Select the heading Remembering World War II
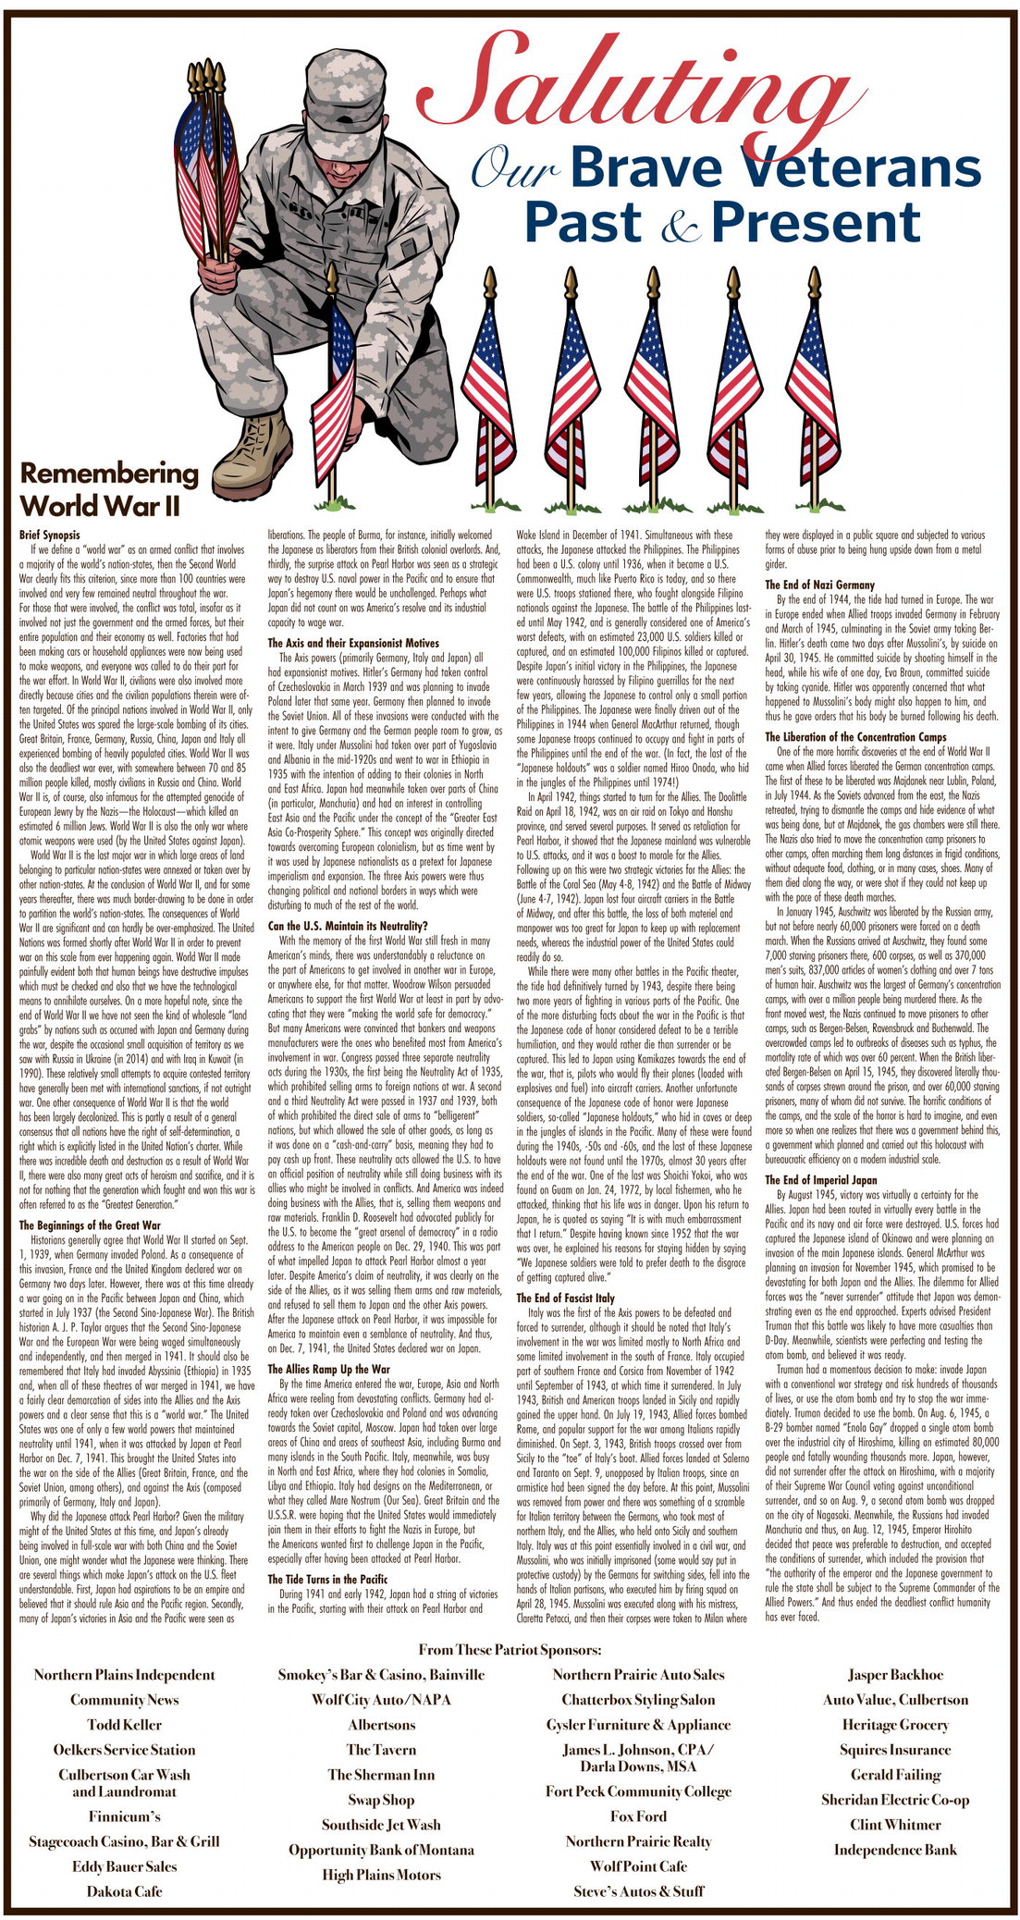coord(109,489)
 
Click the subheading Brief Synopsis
coord(50,535)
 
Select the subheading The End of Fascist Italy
coord(565,1298)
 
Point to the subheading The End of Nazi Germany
coord(819,585)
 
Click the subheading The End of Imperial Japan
coord(820,1180)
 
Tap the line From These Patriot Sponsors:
coord(510,1650)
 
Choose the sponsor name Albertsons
coord(381,1725)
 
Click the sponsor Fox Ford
coord(638,1816)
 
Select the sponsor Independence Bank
coord(895,1850)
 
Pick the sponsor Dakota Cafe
coord(124,1891)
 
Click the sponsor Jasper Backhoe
coord(895,1675)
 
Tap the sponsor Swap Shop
coord(381,1800)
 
